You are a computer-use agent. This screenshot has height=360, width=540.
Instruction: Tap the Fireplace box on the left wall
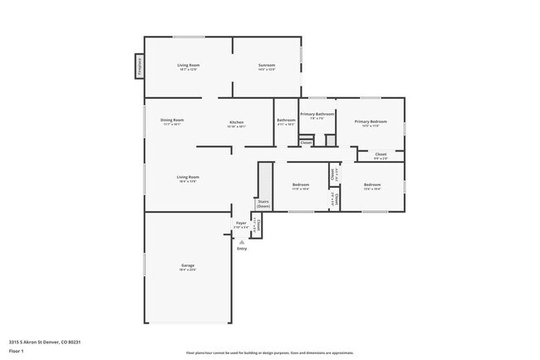140,67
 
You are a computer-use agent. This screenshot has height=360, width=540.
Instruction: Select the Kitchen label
237,122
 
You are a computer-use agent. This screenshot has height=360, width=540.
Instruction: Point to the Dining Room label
172,120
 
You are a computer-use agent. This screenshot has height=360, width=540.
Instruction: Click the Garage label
188,265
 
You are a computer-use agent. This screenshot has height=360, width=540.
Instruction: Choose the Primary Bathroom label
317,113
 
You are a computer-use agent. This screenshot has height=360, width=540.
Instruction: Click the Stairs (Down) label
263,204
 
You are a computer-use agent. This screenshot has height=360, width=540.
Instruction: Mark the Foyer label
241,223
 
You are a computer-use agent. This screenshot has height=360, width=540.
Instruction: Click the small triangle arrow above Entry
242,242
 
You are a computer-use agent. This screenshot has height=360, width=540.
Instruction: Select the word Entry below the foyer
242,249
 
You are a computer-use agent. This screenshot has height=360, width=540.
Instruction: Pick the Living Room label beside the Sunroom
188,65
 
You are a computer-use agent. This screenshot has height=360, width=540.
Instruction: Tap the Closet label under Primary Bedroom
380,154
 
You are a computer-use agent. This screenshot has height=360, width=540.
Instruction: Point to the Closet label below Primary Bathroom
306,142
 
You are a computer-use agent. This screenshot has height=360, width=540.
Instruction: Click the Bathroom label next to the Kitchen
286,120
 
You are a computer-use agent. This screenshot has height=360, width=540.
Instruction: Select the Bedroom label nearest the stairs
301,185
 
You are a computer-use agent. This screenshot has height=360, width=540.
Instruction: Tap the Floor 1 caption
17,351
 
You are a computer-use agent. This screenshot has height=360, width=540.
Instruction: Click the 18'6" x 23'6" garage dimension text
188,270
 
